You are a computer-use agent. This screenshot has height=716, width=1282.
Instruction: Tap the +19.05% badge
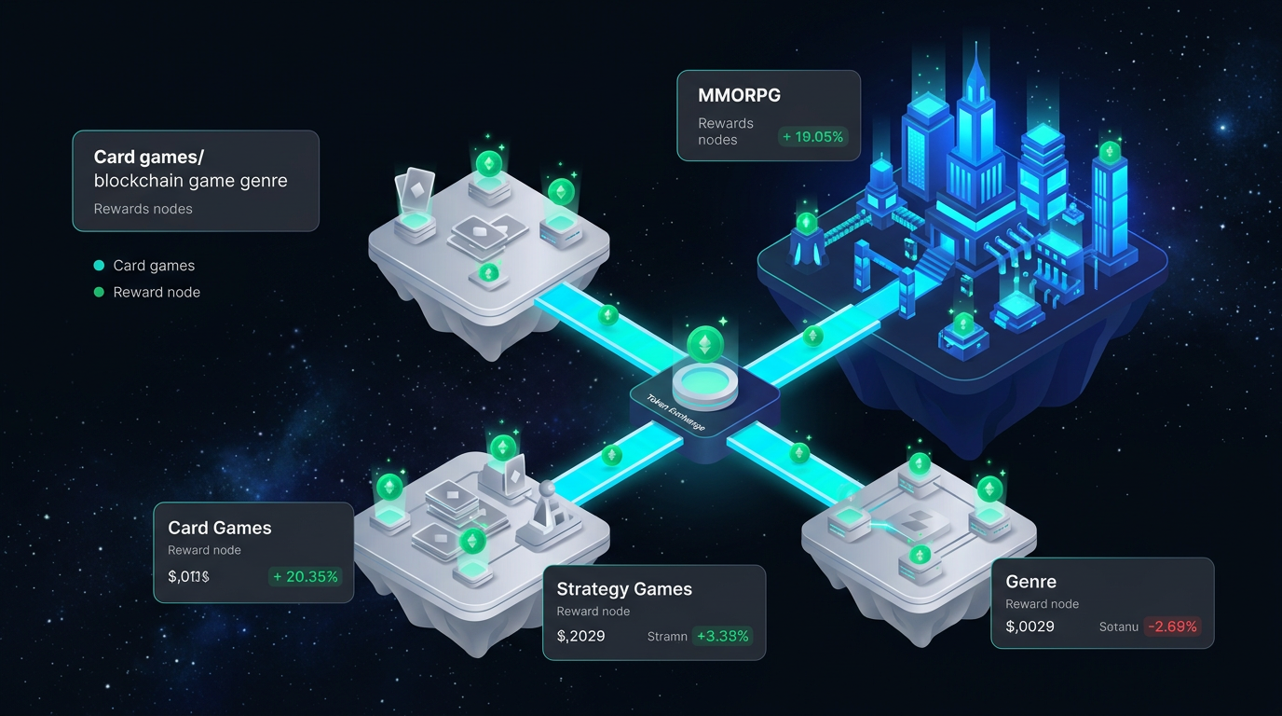pos(813,137)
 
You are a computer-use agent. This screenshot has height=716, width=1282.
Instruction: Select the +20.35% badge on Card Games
pos(305,576)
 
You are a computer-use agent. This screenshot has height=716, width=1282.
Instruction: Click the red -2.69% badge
pos(1171,626)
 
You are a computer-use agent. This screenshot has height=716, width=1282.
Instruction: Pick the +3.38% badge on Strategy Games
pos(721,636)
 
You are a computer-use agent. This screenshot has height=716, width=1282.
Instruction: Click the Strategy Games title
pos(623,588)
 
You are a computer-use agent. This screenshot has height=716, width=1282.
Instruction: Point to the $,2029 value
pos(580,636)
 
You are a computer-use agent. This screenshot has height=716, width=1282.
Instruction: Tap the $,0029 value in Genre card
pos(1030,626)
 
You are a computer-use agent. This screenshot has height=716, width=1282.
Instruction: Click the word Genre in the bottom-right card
pos(1030,582)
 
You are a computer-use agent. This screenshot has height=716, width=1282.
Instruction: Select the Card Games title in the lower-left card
pos(219,528)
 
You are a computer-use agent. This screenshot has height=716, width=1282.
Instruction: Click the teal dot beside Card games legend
pos(100,266)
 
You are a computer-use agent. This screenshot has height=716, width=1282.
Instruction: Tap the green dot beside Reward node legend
pos(100,292)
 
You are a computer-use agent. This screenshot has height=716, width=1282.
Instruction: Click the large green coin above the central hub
pos(704,345)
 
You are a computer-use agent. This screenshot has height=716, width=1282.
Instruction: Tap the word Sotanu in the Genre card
pos(1118,626)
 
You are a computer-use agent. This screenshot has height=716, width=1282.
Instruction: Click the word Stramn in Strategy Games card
pos(667,636)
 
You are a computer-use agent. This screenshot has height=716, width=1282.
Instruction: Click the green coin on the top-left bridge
pos(608,315)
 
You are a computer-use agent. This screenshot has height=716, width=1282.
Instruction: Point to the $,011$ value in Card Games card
pos(188,576)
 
